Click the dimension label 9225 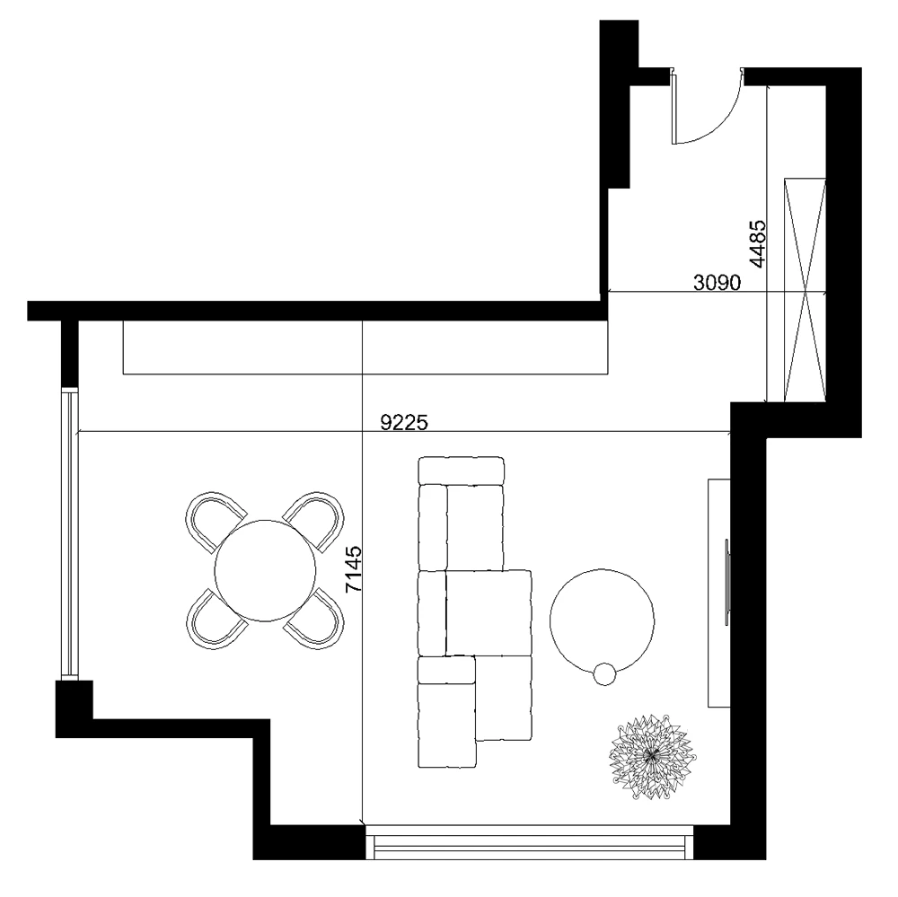click(404, 422)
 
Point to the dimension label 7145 click(354, 568)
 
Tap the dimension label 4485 click(757, 244)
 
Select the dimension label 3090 click(717, 282)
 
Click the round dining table click(265, 570)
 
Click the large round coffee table click(602, 620)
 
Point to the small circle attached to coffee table click(604, 673)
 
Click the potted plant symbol click(651, 756)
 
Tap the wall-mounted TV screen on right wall click(727, 582)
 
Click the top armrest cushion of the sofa click(461, 470)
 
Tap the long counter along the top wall click(365, 347)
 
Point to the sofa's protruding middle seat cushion click(489, 612)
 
